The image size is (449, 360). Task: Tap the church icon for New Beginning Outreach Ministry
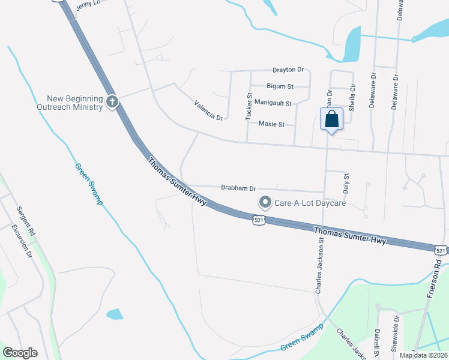[x=112, y=103]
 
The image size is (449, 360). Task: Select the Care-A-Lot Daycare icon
[x=265, y=203]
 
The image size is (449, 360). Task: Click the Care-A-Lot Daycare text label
[x=310, y=203]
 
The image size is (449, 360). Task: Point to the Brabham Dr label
[x=238, y=188]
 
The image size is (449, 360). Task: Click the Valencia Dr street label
[x=208, y=110]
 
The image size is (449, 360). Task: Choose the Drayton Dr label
[x=288, y=70]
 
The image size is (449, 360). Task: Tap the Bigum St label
[x=280, y=86]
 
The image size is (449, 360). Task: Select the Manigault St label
[x=273, y=103]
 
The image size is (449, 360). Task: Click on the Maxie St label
[x=271, y=124]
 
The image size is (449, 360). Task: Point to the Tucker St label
[x=249, y=107]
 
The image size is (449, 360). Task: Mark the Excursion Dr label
[x=21, y=241]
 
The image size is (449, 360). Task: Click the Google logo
[x=20, y=353]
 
